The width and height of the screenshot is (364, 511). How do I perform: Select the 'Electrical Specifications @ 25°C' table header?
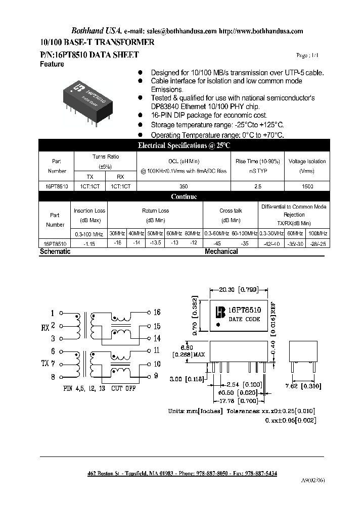[184, 145]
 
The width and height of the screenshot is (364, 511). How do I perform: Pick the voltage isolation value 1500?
[307, 186]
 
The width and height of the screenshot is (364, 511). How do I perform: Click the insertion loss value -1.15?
[90, 243]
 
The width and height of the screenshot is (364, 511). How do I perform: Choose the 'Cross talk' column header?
[231, 211]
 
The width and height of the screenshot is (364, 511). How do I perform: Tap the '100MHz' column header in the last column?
[317, 233]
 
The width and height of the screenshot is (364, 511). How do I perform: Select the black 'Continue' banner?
[184, 197]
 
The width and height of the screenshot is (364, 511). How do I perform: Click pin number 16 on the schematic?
[157, 313]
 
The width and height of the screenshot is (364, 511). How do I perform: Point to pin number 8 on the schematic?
[53, 376]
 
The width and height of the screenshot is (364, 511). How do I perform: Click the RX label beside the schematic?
[45, 327]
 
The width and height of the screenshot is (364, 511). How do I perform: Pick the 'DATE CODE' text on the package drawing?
[244, 319]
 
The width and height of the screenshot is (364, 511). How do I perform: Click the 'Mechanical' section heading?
[221, 251]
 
